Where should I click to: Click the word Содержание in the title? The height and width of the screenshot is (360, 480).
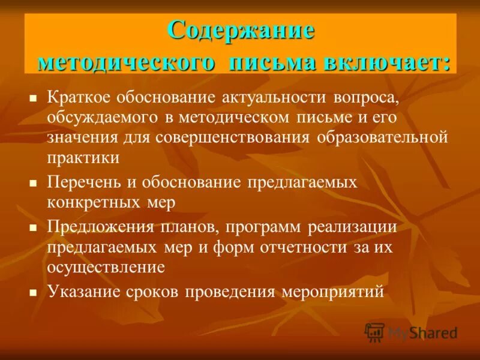(241, 30)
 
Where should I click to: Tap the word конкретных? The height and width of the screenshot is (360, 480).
(94, 202)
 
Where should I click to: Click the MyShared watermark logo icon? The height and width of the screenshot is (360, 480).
(375, 332)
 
